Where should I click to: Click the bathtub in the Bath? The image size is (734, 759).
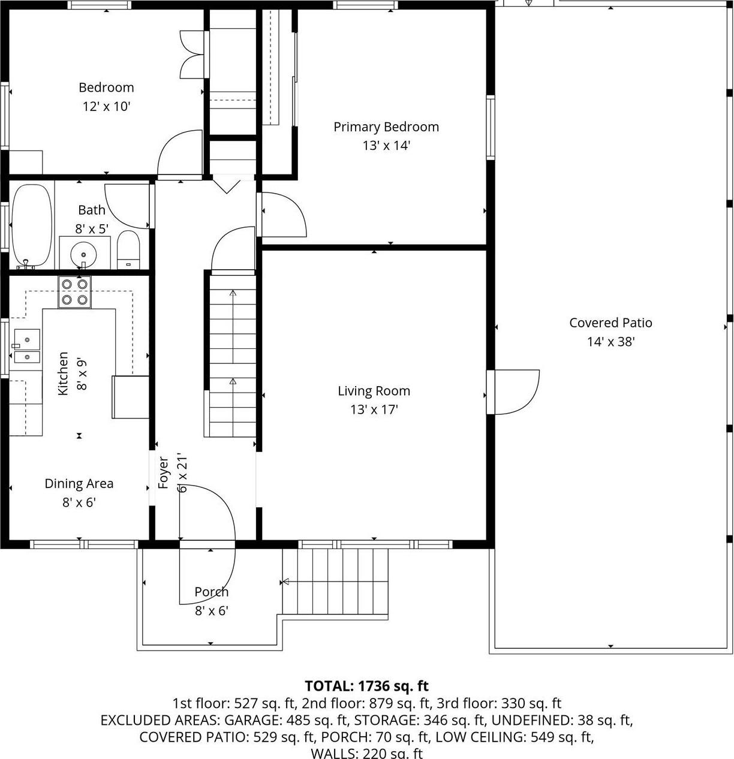coord(32,226)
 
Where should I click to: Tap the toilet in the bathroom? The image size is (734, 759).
coord(128,251)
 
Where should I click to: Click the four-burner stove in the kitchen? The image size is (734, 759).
coord(74,291)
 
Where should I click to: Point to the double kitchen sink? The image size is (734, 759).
coord(26,347)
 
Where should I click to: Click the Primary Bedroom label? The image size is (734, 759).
coord(386,127)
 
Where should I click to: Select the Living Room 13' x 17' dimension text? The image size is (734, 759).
coord(374,409)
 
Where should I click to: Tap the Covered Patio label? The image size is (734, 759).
coord(610,323)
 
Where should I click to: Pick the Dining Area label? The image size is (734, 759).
coord(79,483)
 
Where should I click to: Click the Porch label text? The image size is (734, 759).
coord(212,592)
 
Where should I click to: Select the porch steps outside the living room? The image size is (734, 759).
coord(335,582)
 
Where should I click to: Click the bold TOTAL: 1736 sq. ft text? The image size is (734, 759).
coord(366,686)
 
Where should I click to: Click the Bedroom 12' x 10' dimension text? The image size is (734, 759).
coord(106,107)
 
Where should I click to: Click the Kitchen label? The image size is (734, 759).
coord(63,374)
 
